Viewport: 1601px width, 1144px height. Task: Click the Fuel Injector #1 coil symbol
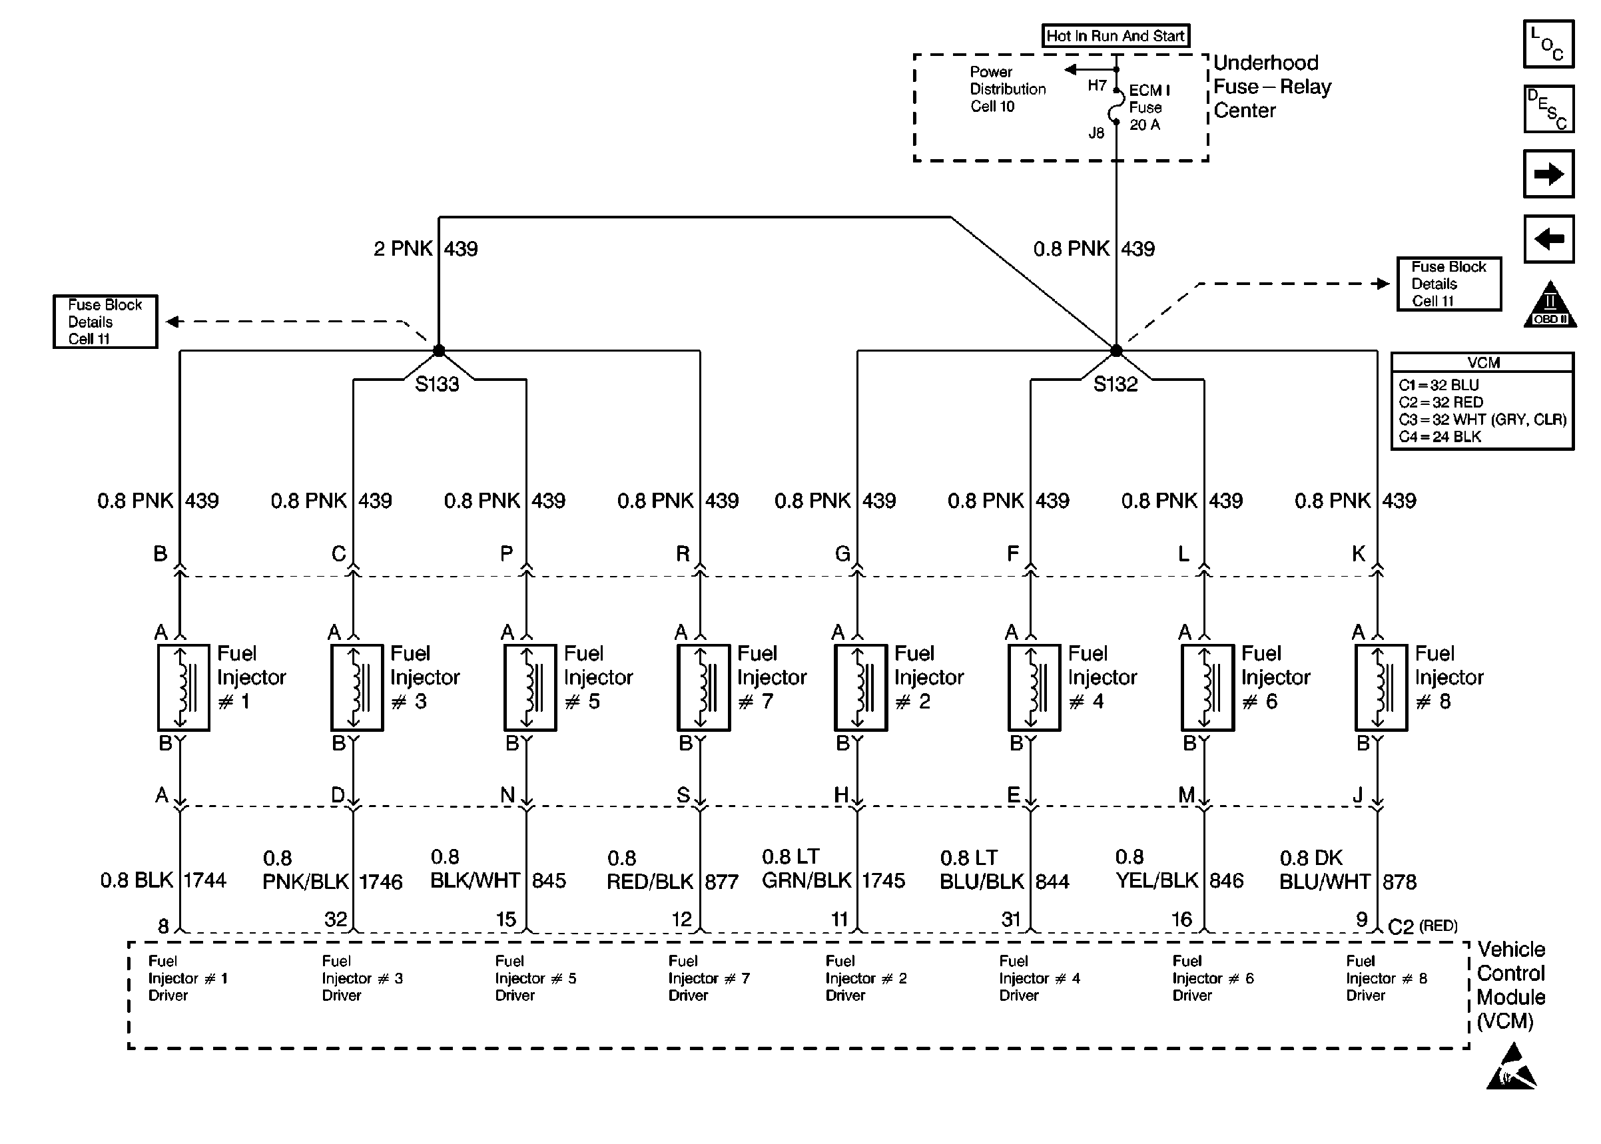point(183,687)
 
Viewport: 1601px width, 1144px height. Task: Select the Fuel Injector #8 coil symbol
point(1381,687)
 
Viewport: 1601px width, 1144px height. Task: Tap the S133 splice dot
point(439,350)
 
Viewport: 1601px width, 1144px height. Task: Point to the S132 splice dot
point(1116,350)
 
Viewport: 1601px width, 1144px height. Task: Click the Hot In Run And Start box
point(1116,35)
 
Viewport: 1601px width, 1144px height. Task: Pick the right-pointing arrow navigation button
point(1548,173)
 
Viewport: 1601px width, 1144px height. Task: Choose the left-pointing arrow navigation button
point(1548,239)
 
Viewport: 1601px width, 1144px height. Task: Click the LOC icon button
point(1548,44)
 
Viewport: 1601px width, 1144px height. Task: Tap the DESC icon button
point(1548,109)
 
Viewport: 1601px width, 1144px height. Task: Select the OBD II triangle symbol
point(1550,304)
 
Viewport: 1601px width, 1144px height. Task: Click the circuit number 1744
point(205,880)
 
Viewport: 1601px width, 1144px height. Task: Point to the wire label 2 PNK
point(403,248)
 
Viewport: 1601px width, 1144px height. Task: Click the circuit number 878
point(1400,882)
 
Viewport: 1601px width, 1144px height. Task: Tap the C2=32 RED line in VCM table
point(1441,402)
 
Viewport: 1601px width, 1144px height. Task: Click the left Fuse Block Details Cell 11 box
point(105,321)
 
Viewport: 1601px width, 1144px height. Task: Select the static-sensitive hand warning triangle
point(1511,1067)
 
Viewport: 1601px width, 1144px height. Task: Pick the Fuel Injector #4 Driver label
point(1040,978)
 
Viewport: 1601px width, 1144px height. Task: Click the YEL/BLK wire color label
point(1157,880)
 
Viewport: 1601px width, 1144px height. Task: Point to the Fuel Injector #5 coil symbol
point(530,687)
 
